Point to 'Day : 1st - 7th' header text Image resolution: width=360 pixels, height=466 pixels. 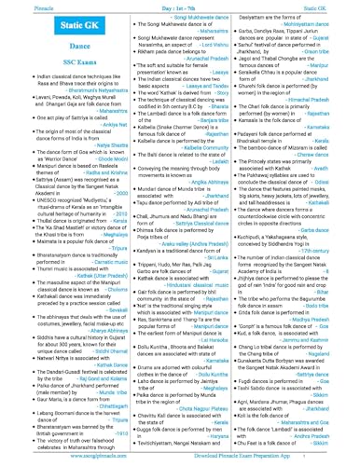[179, 6]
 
